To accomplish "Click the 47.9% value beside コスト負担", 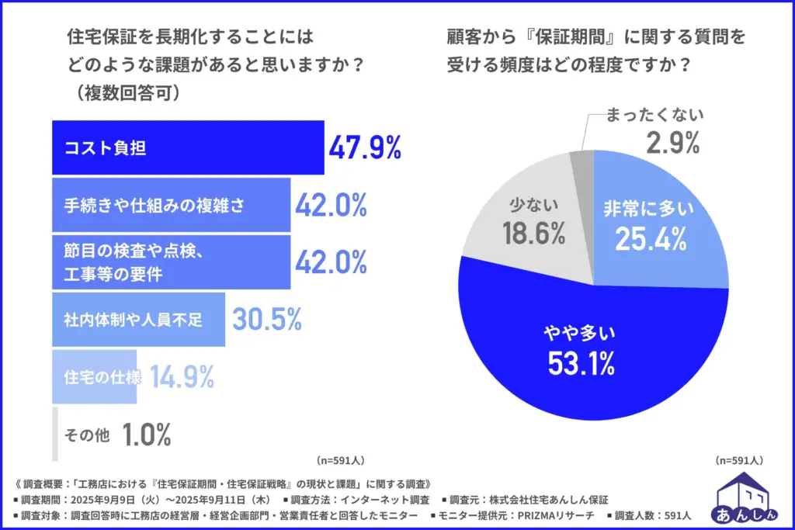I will (x=365, y=147).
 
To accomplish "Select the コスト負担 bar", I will (x=187, y=147).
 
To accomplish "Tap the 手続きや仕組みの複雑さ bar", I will (x=171, y=205).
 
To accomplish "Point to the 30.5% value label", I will (x=266, y=319).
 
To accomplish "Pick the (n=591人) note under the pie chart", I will (x=738, y=459).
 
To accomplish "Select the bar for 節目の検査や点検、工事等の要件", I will (x=171, y=262).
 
